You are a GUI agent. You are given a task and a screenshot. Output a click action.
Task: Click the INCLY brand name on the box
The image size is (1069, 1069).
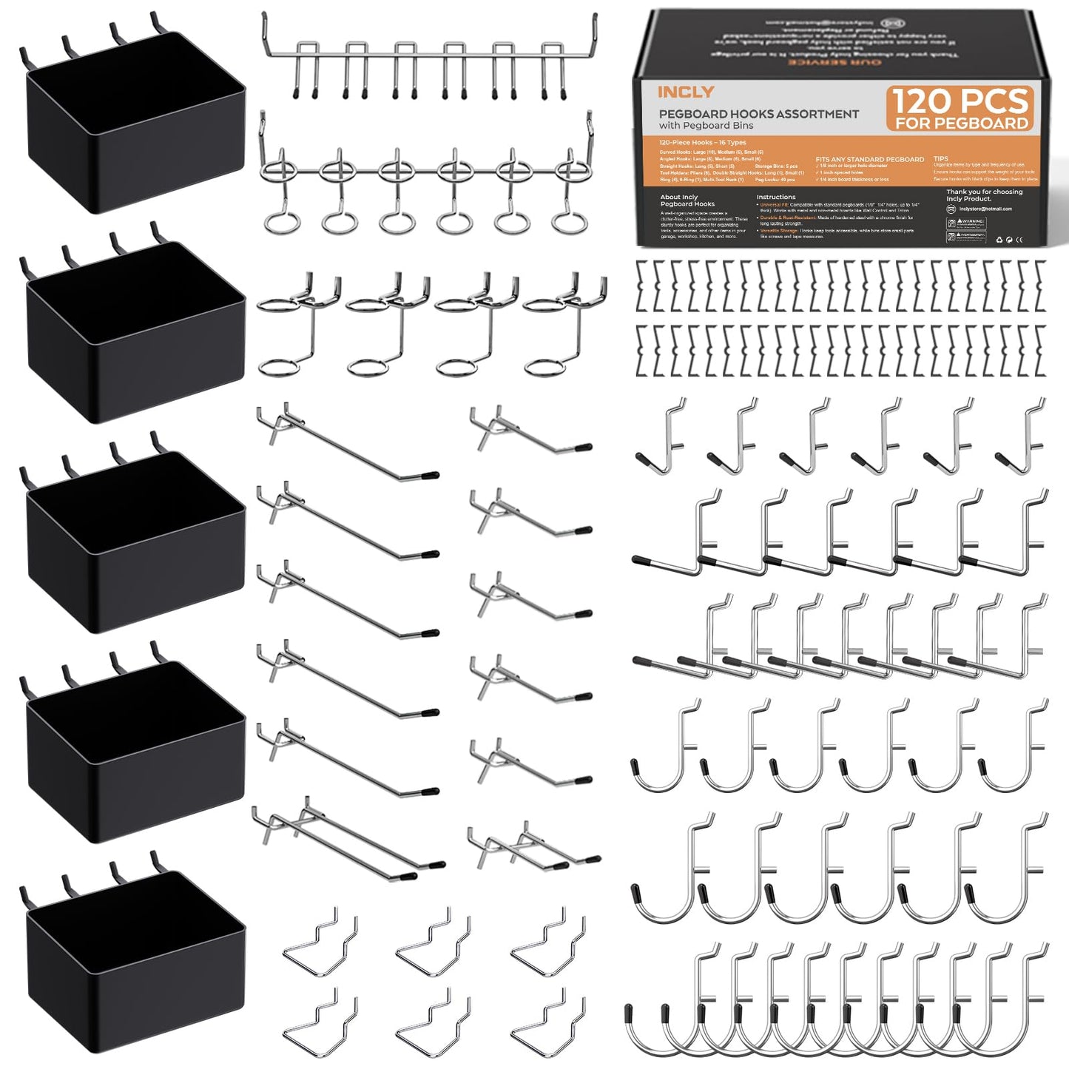(x=685, y=92)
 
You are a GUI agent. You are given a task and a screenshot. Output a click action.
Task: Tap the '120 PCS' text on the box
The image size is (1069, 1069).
(x=960, y=101)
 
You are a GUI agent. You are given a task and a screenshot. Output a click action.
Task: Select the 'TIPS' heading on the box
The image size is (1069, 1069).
(x=940, y=158)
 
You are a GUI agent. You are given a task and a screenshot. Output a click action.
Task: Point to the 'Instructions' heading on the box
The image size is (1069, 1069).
(x=775, y=198)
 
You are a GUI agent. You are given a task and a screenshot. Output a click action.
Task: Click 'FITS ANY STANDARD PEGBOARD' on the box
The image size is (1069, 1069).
(x=869, y=159)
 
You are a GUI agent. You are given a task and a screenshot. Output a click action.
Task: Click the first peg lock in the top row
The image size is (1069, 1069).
(x=642, y=285)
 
